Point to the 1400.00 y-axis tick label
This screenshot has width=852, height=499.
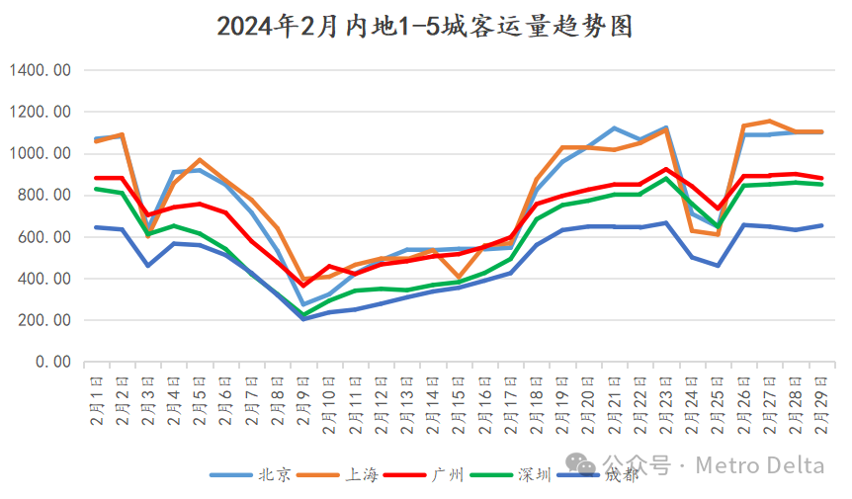(x=41, y=70)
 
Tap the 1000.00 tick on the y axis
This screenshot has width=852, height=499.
(x=41, y=154)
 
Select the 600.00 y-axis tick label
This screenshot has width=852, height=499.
(x=43, y=237)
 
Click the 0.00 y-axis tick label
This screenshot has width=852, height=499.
(x=50, y=363)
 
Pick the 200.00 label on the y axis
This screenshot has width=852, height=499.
(x=43, y=321)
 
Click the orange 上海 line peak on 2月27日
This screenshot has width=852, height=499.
(x=768, y=122)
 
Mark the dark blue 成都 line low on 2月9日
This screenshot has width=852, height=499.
(x=302, y=318)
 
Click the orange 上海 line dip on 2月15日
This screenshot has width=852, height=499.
(x=458, y=278)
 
